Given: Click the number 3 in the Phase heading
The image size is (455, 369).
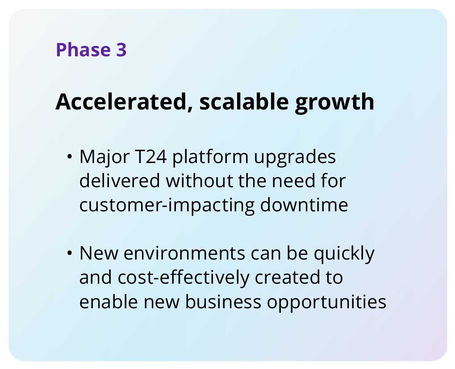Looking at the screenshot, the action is (x=121, y=50).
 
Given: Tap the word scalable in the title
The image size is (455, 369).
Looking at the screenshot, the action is (x=244, y=101).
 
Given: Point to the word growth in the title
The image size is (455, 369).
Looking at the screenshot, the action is (x=334, y=103).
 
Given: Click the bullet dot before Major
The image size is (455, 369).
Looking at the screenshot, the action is (x=69, y=157).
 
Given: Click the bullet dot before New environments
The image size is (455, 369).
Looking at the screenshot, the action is (x=69, y=253).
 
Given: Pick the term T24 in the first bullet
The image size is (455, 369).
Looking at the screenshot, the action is (x=151, y=157).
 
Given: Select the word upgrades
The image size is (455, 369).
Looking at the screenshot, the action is (x=295, y=159).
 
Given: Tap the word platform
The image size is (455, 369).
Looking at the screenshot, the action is (x=210, y=159).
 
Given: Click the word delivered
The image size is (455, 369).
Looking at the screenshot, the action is (x=120, y=180).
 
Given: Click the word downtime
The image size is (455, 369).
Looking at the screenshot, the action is (x=304, y=205).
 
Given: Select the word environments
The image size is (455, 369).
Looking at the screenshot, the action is (x=184, y=253).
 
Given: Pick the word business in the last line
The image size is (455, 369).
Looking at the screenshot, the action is (x=223, y=302).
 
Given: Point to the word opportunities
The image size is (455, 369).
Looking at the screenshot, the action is (x=326, y=303).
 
